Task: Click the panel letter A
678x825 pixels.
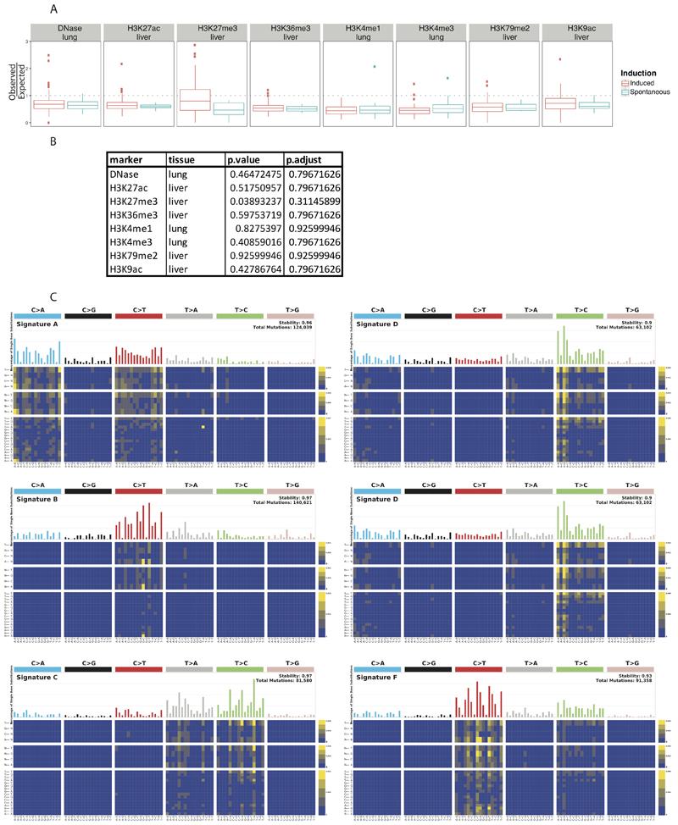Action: (55, 8)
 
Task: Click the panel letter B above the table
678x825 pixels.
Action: (55, 143)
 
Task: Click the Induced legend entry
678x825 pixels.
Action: (642, 83)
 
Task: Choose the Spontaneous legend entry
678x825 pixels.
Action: (648, 93)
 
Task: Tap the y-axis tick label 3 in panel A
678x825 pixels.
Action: (27, 42)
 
